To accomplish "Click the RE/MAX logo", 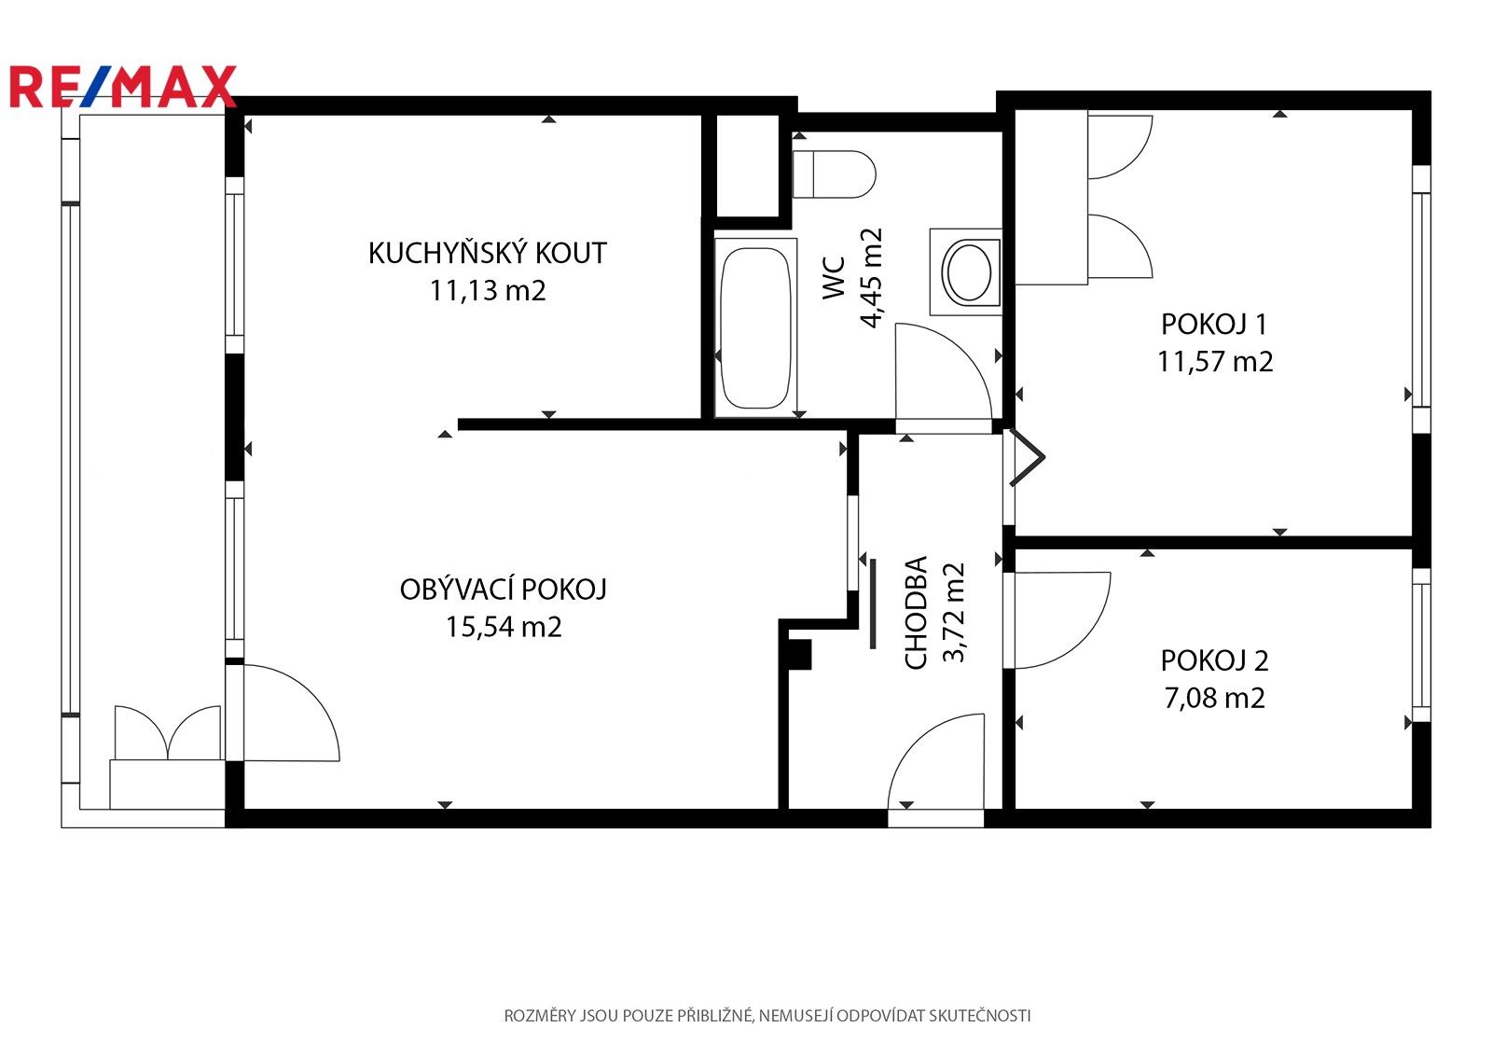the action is click(122, 86).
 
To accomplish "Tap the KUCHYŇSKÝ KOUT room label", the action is click(488, 253).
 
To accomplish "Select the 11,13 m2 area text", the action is click(488, 291).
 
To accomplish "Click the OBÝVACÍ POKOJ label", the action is click(503, 589).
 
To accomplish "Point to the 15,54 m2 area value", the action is click(503, 627).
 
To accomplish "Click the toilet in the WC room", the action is click(834, 174).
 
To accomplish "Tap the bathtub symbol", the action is click(755, 328).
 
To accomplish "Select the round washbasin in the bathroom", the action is click(969, 272).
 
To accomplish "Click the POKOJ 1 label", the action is click(1214, 324).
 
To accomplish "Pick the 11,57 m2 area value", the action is click(1215, 361).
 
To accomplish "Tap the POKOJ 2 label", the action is click(1214, 660).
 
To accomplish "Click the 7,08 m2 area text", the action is click(1214, 698).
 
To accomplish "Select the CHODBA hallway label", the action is click(916, 613).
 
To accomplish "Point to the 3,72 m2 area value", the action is click(954, 613).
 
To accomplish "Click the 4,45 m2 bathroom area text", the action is click(871, 278).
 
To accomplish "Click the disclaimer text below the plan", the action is click(767, 1016).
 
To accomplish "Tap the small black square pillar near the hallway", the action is click(800, 655).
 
